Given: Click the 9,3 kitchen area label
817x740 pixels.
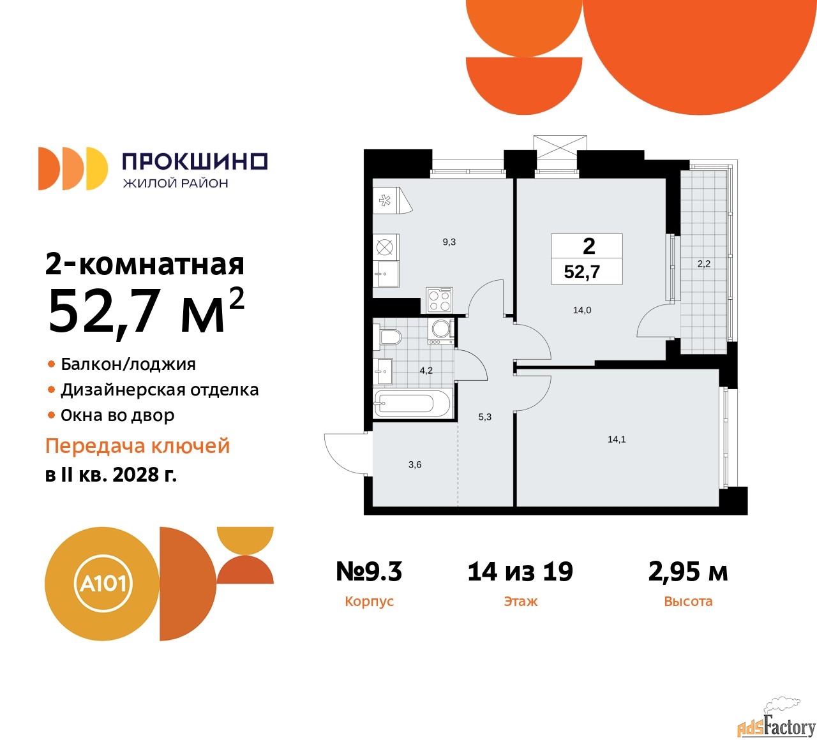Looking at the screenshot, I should [449, 242].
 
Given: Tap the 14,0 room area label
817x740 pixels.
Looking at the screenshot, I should [582, 311].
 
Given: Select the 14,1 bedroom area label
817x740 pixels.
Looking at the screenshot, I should [617, 440].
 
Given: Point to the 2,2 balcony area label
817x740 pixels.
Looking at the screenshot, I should [703, 263].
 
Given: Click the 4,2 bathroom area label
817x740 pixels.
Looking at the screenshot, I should [426, 371].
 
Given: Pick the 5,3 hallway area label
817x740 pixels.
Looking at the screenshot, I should [485, 417].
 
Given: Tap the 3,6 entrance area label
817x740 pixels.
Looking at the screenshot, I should [415, 465].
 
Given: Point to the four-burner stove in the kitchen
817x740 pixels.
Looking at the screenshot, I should [439, 300].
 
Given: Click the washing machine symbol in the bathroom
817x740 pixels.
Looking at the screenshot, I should [441, 329].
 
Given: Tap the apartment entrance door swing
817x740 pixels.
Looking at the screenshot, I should [345, 453].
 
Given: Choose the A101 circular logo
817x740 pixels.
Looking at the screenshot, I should [103, 584].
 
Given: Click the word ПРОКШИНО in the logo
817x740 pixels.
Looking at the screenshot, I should [195, 161].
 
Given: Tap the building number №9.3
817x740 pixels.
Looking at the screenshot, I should [369, 572].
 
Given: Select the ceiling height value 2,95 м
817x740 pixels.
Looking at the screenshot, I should [688, 572].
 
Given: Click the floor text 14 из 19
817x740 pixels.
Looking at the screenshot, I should [520, 572].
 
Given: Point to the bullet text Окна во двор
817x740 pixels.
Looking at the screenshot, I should [117, 416].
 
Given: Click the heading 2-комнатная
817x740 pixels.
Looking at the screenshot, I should [145, 264].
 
